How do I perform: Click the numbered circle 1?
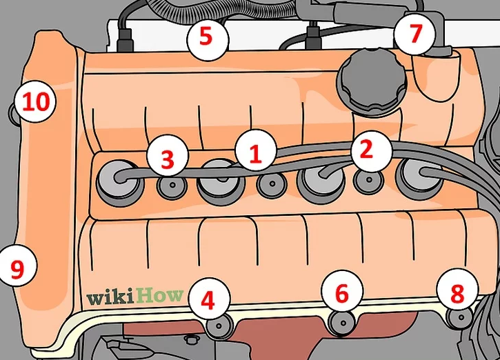point(255,153)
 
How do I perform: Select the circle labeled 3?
point(168,158)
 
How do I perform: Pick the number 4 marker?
point(208,299)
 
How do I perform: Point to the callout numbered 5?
point(206,36)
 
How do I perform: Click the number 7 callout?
point(415,33)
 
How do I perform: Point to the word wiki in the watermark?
point(110,297)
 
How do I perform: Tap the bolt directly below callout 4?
point(219,325)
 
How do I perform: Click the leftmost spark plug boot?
point(113,179)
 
